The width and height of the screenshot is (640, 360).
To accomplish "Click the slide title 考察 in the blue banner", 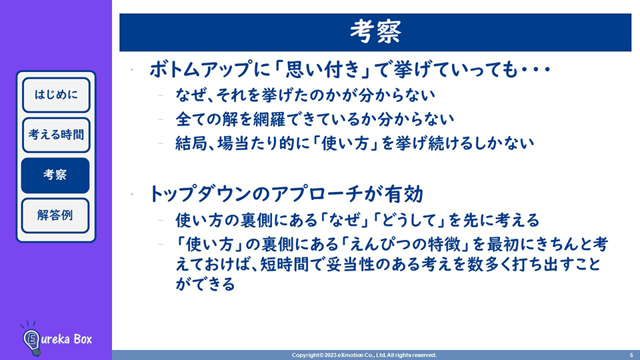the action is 375,31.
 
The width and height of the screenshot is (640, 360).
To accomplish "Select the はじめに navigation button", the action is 56,95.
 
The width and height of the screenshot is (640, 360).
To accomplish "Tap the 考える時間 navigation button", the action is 56,135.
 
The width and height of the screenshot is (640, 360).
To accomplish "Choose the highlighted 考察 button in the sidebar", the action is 55,175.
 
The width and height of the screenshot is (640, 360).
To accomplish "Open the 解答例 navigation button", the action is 55,215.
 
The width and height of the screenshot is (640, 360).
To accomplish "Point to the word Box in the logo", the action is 83,339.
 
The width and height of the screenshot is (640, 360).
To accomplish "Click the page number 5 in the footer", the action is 631,355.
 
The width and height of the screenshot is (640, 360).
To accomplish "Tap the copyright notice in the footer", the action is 364,355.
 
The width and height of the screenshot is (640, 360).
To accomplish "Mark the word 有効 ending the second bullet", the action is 407,194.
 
